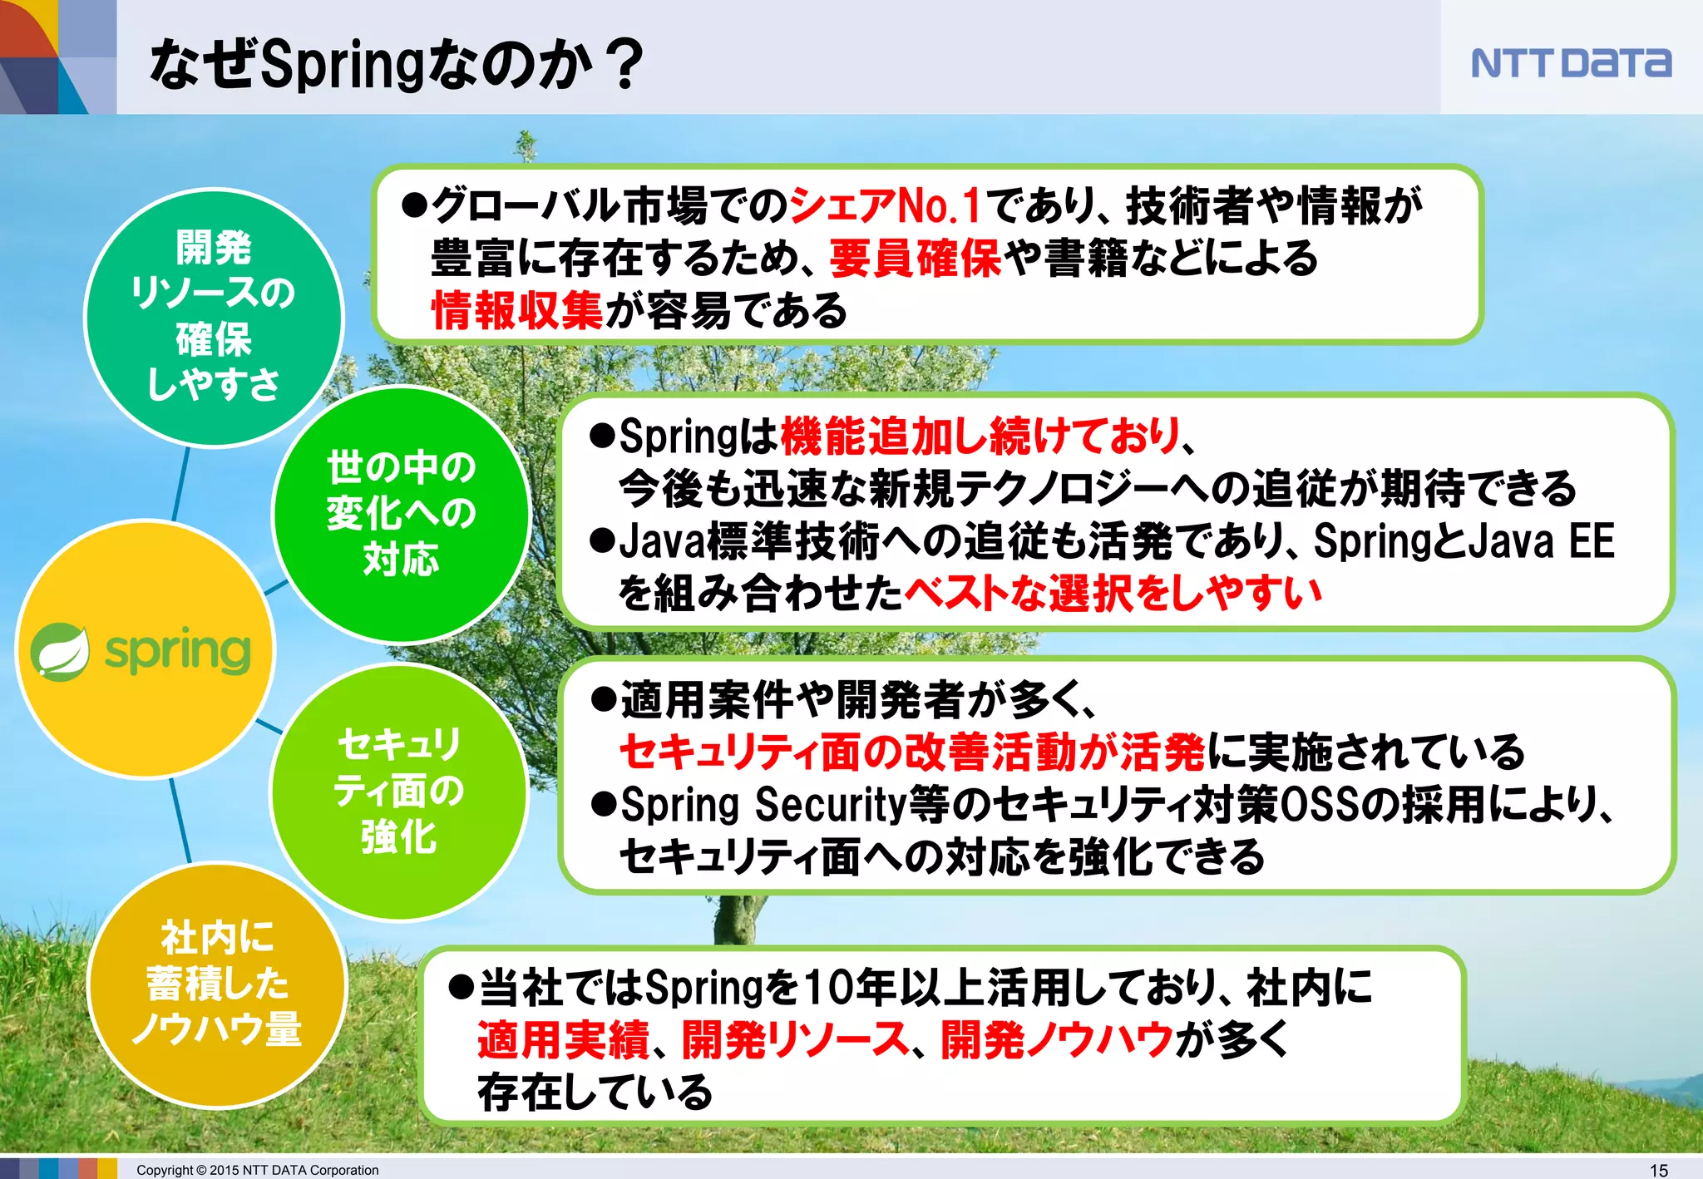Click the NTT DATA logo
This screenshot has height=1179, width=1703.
(1570, 63)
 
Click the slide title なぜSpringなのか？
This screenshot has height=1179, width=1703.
(396, 63)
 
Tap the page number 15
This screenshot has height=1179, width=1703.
(1658, 1170)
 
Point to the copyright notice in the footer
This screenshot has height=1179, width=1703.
(257, 1170)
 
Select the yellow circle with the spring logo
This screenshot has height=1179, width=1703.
(146, 649)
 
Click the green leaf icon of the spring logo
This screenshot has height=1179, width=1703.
(60, 651)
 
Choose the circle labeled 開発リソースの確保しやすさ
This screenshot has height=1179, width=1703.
(214, 317)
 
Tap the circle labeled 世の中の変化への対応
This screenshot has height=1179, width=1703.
(401, 514)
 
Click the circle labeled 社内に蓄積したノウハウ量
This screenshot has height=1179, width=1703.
(216, 984)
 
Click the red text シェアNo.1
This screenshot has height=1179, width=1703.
(885, 205)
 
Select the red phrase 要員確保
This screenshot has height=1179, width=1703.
(915, 258)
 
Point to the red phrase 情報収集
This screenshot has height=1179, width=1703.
(516, 311)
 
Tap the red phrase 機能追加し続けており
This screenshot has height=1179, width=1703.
(981, 436)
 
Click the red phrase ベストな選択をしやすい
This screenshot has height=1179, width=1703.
(1113, 594)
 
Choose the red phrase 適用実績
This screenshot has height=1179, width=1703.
(563, 1039)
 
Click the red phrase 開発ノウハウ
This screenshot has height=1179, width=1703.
(1056, 1039)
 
